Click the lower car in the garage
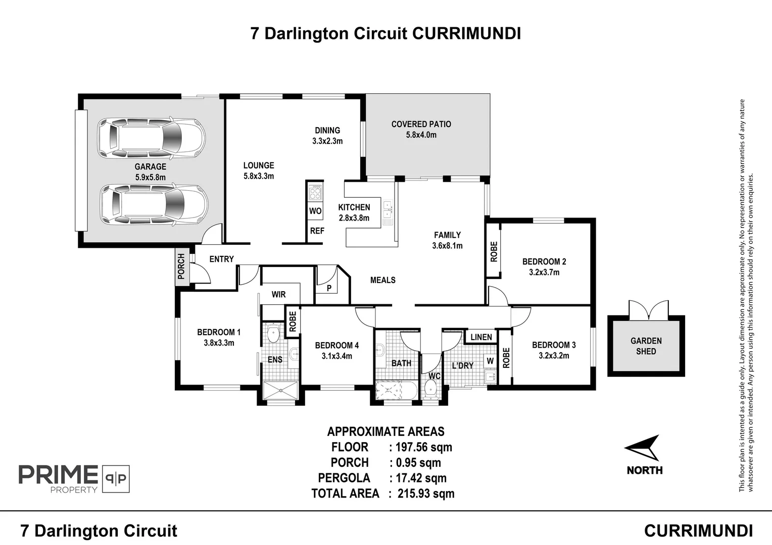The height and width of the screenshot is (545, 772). point(154,204)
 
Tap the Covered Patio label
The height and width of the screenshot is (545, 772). point(421,124)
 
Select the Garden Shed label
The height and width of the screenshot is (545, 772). point(646,346)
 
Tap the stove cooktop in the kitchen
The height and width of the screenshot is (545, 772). point(315,193)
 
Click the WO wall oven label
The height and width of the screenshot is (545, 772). point(315,211)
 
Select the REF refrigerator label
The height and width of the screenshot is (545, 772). point(317,231)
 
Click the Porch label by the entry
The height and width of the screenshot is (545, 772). point(181,266)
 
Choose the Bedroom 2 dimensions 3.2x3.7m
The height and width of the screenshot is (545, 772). point(544,272)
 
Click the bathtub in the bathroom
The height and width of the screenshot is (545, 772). point(396,391)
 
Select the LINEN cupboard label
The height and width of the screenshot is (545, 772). point(480,337)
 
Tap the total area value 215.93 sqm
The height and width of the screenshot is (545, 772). point(425,494)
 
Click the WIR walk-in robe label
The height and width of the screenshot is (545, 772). point(278,295)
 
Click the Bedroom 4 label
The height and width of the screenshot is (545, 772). point(336,346)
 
